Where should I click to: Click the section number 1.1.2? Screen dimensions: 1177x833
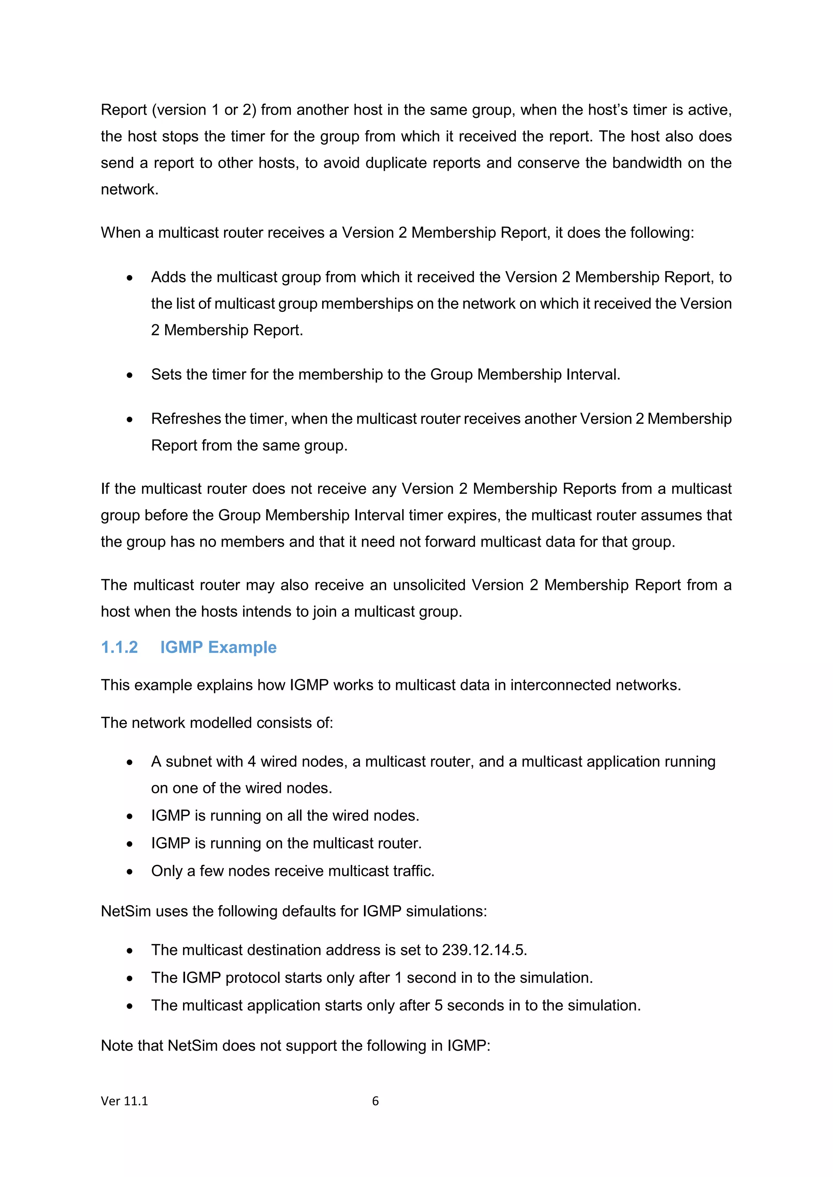coord(119,647)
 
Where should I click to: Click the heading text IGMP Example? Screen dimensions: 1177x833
coord(218,647)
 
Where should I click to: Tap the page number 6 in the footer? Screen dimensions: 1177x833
coord(375,1101)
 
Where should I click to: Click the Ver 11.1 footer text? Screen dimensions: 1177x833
coord(124,1101)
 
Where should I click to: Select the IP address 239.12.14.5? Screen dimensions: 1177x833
coord(484,950)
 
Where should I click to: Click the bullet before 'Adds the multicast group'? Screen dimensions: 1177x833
coord(130,278)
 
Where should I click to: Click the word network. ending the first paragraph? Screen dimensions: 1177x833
coord(129,190)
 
